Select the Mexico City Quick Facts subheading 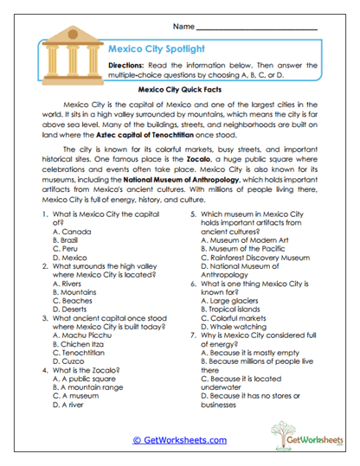click(179, 88)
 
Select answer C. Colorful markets click(235, 317)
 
